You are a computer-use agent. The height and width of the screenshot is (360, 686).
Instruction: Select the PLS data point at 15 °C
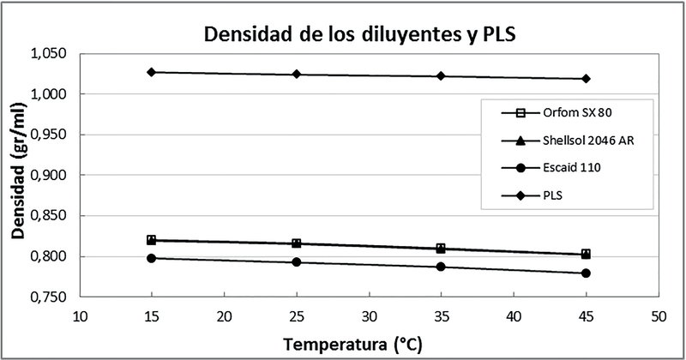click(152, 72)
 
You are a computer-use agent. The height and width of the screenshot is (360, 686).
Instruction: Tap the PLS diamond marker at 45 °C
click(586, 79)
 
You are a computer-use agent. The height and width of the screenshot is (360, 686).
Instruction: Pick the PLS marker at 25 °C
click(297, 75)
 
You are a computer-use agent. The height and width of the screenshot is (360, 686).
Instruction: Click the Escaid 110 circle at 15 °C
click(152, 258)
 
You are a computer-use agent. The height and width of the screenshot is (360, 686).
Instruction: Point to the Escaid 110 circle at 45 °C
click(586, 273)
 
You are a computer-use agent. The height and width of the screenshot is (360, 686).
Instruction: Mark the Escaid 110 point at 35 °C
click(441, 267)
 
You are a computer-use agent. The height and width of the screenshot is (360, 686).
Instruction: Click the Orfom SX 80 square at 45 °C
click(586, 254)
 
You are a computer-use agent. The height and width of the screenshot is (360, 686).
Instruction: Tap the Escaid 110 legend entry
click(557, 168)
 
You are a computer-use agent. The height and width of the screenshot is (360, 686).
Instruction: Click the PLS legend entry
click(557, 195)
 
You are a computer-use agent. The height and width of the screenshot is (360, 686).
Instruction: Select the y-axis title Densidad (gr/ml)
click(18, 175)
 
